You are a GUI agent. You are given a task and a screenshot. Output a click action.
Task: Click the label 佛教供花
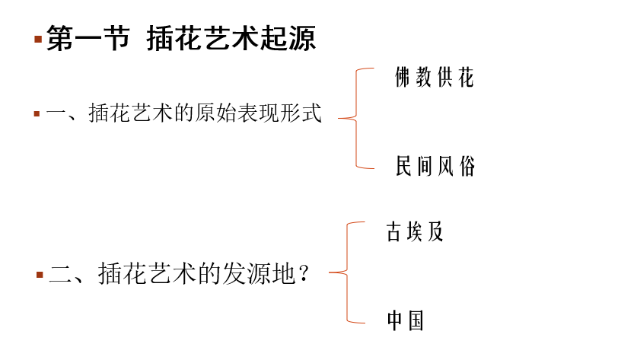(435, 78)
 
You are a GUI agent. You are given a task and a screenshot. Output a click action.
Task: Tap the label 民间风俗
(435, 166)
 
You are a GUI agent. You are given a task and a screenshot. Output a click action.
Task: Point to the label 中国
(405, 320)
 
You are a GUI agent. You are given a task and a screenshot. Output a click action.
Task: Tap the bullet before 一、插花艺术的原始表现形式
(37, 114)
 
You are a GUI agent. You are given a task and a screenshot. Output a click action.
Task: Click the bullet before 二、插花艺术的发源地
(40, 274)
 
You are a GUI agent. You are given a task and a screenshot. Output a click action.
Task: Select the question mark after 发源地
(304, 274)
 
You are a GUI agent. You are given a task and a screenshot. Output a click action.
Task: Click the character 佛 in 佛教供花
(404, 78)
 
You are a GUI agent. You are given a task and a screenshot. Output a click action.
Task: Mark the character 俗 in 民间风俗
(467, 166)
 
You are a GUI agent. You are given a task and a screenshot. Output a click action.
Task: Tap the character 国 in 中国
(416, 320)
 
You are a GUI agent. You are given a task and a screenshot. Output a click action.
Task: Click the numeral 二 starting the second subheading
(60, 274)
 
